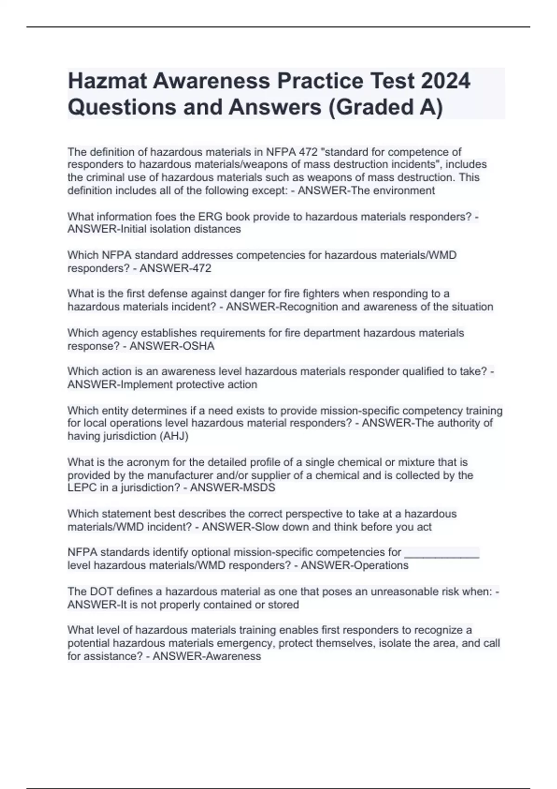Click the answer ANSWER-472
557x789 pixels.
click(x=175, y=268)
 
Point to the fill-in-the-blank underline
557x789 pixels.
click(x=442, y=553)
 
